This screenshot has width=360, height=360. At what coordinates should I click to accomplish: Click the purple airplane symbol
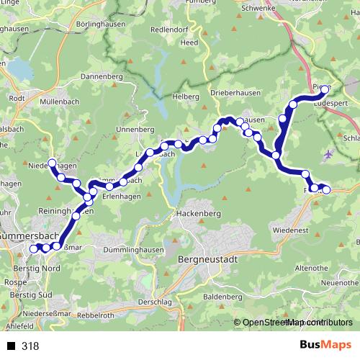330,153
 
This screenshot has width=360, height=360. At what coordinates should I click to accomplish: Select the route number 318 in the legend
30,346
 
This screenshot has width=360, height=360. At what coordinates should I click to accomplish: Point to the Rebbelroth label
96,315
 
